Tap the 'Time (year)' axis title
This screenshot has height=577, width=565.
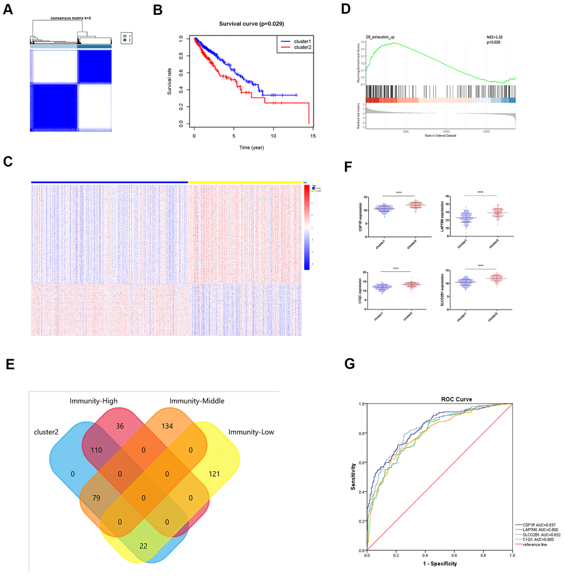click(251, 149)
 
